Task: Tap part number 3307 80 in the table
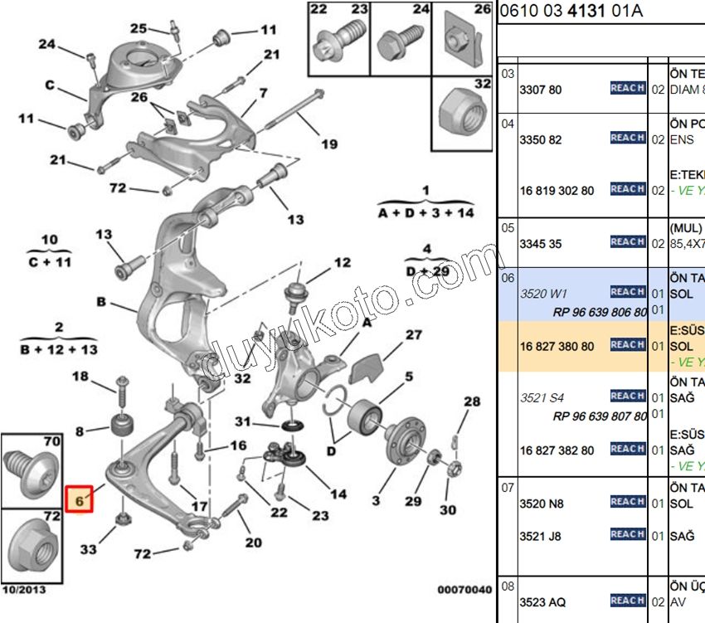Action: tap(540, 89)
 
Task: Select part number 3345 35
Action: tap(540, 244)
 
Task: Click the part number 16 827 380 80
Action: tap(557, 346)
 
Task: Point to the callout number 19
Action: tap(329, 144)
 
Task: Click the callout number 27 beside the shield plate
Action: tap(413, 335)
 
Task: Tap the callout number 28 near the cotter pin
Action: tap(471, 402)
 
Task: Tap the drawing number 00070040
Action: tap(464, 590)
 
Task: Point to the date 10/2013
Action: tap(25, 590)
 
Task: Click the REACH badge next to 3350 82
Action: tap(627, 138)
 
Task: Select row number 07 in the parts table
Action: tap(508, 488)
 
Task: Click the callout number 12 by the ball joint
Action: tap(342, 263)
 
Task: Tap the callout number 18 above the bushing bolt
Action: tap(80, 377)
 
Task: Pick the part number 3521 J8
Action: tap(540, 537)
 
